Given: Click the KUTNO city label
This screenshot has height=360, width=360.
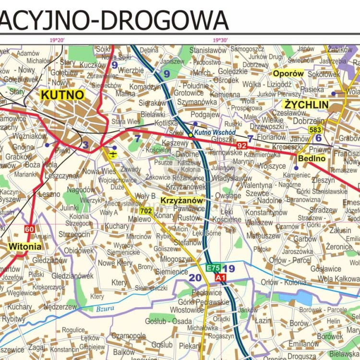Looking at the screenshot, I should click(x=62, y=95).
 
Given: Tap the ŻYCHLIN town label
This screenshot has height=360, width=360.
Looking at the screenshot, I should click(x=306, y=105).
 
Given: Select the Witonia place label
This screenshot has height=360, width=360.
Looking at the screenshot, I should click(x=24, y=247).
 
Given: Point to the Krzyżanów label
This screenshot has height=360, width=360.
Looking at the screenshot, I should click(x=182, y=200).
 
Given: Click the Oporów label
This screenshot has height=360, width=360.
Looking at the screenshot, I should click(x=288, y=73).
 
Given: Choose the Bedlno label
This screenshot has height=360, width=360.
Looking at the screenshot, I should click(x=312, y=158).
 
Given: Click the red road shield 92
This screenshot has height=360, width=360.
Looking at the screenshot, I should click(x=241, y=145).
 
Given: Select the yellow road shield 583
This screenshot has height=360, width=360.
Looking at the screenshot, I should click(x=315, y=130).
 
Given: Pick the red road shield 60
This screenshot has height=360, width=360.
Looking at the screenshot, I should click(x=29, y=229).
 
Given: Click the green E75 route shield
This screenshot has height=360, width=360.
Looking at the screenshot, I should click(x=213, y=268).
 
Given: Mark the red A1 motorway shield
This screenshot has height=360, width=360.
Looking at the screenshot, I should click(x=220, y=277).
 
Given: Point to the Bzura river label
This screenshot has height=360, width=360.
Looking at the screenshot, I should click(x=105, y=309).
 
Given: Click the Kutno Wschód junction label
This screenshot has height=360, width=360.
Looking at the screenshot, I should click(x=215, y=132).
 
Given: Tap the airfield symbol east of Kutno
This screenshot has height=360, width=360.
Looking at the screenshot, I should click(x=113, y=154).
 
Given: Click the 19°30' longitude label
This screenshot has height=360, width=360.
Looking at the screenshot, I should click(x=220, y=40).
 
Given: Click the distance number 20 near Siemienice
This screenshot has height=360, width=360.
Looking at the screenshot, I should click(x=195, y=277).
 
